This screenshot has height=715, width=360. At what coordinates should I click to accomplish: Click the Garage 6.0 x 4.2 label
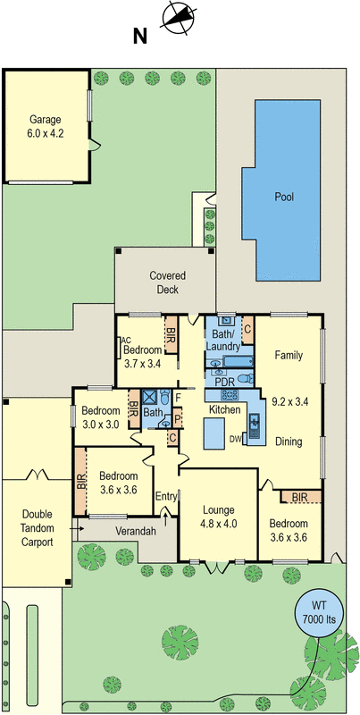point(46,126)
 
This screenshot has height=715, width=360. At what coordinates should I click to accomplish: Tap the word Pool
point(284,198)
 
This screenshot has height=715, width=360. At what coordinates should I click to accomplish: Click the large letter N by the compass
point(139,37)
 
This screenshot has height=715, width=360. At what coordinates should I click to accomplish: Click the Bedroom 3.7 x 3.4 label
point(142,357)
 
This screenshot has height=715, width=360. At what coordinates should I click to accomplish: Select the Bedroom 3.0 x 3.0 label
point(100,418)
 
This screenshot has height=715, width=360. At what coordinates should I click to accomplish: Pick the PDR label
point(223,381)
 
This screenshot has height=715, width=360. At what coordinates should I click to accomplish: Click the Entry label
point(166,496)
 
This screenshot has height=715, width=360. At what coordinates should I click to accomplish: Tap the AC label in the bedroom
point(126,341)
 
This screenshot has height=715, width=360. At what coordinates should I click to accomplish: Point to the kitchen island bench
point(214,436)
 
